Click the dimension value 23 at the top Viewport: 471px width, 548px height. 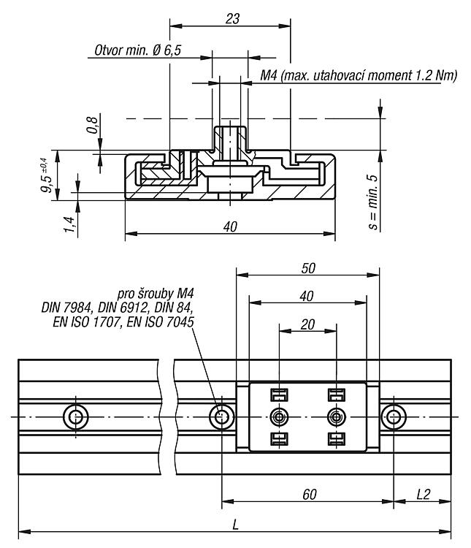point(232,19)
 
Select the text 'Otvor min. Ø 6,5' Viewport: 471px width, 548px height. point(138,50)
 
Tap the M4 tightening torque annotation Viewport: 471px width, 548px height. point(359,75)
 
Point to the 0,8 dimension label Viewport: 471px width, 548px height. point(92,125)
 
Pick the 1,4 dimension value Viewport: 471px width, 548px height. point(69,225)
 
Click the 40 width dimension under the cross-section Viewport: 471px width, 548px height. point(230,227)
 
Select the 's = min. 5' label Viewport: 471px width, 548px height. point(373,202)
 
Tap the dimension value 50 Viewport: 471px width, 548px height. point(308,268)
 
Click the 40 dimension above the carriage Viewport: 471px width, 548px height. point(307,297)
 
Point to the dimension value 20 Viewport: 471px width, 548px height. point(307,324)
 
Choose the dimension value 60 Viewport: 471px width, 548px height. point(310,495)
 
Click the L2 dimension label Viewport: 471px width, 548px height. point(423,495)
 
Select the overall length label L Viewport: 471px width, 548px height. point(235,525)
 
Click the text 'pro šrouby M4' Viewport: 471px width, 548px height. point(156,294)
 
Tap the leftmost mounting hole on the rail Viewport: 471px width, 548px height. point(76,417)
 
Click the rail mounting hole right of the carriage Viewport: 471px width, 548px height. point(394,417)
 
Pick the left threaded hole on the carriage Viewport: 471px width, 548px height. point(279,417)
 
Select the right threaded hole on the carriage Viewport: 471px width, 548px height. point(337,417)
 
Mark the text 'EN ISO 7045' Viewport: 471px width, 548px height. point(161,322)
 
